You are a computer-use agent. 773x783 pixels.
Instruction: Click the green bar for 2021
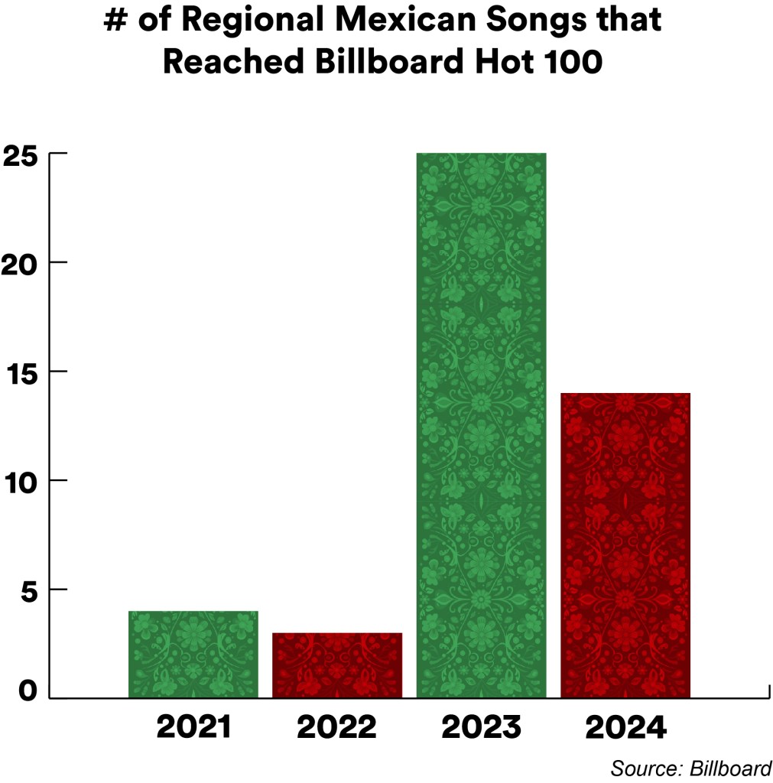click(193, 654)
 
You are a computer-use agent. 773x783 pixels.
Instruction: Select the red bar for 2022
click(337, 665)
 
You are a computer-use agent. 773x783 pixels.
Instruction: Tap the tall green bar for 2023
click(481, 425)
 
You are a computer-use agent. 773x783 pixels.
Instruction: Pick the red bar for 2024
click(625, 544)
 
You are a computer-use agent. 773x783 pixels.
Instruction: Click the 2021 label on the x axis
click(193, 727)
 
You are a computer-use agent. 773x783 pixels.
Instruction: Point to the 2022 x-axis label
click(337, 727)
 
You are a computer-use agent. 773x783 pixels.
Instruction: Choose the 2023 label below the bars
click(481, 727)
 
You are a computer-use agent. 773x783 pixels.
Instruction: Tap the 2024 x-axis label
click(625, 727)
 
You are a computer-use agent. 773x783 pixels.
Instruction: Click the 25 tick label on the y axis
click(21, 154)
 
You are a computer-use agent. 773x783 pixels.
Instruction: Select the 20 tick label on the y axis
click(21, 264)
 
